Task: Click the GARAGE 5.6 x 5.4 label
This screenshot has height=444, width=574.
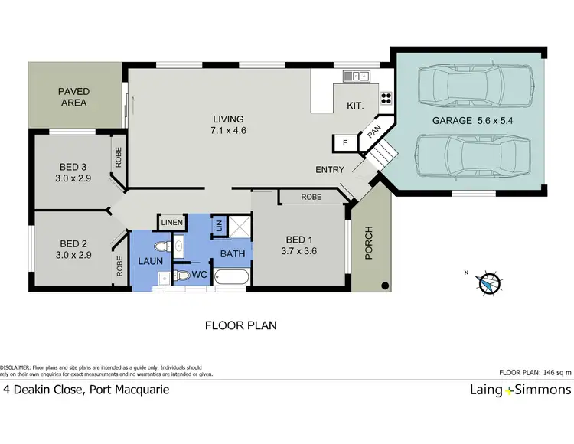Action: coord(469,121)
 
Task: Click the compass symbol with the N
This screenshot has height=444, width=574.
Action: coord(488,283)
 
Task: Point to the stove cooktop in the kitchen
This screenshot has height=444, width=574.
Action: coord(386,97)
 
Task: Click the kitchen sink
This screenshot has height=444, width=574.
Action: coord(357,76)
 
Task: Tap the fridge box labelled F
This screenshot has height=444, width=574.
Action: coord(344,142)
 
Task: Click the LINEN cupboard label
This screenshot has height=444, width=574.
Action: coord(171,222)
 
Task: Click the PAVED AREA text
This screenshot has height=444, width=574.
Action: coord(73,96)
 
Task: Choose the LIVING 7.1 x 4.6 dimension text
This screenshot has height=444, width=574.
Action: coord(228,125)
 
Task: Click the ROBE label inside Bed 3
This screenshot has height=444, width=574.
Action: coord(119,157)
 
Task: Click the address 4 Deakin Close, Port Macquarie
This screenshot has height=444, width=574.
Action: coord(86,390)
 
